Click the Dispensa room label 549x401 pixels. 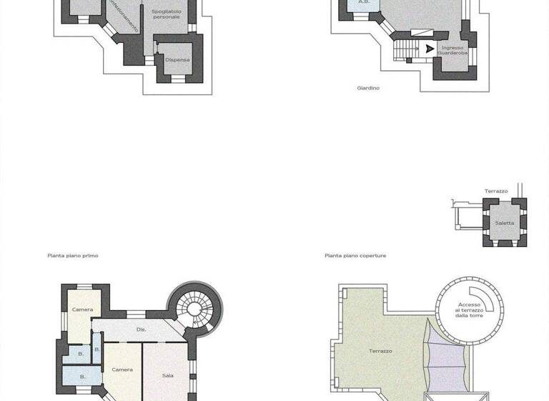177,59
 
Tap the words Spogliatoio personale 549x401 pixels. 166,14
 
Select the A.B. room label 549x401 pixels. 363,2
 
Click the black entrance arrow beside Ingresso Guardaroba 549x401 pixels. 429,49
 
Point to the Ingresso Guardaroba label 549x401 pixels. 452,50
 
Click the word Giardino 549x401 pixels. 368,88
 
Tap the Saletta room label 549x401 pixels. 505,223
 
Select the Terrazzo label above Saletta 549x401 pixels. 496,191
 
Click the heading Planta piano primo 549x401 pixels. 73,255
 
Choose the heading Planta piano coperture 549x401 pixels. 355,255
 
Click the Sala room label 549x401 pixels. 168,375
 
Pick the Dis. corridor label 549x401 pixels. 141,329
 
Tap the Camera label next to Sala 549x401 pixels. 122,369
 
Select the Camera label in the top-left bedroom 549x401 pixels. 82,309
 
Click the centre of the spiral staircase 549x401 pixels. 194,309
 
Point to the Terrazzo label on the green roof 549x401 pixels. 380,351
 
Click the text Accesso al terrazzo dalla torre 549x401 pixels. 470,309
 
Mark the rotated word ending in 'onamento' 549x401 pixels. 123,16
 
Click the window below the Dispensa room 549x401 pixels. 178,79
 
